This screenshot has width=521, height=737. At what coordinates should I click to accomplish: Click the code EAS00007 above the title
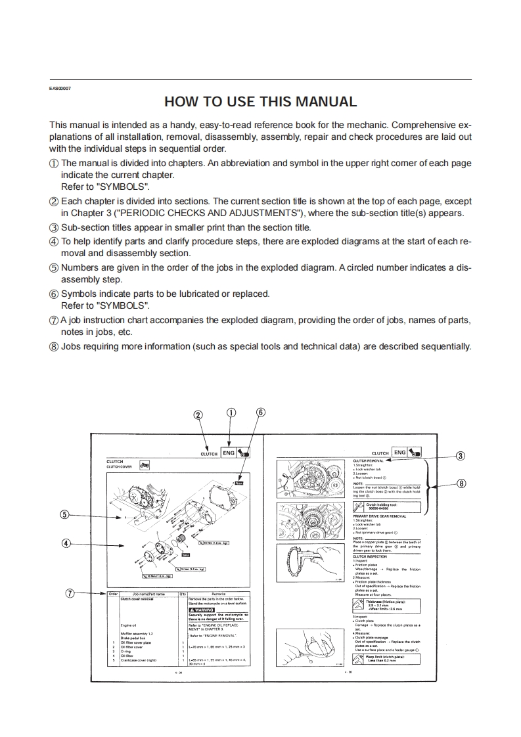(60, 88)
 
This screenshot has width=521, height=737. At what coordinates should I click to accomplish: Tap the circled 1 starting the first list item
(55, 163)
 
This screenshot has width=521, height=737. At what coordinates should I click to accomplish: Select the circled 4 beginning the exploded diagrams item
(55, 241)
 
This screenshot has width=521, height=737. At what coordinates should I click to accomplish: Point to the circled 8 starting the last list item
(55, 346)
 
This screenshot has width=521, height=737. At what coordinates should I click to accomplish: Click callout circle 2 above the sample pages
(198, 414)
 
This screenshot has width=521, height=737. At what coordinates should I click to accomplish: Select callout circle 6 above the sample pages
(260, 413)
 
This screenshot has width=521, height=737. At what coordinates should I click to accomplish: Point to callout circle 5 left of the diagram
(64, 514)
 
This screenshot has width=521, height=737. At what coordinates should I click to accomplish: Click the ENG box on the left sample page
(229, 453)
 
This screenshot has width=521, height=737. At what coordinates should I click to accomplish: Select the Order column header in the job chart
(113, 593)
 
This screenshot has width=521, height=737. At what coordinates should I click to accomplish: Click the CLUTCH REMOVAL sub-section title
(369, 461)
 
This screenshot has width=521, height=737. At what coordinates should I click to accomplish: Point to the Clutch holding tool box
(388, 506)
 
